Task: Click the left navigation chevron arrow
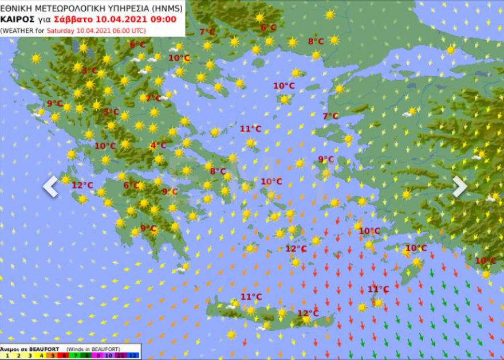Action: pyautogui.click(x=50, y=186)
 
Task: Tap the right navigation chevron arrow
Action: pyautogui.click(x=460, y=186)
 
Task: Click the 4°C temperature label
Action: pyautogui.click(x=158, y=146)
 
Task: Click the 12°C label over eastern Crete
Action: pyautogui.click(x=308, y=313)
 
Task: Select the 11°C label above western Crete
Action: pyautogui.click(x=251, y=296)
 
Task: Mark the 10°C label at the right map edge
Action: pyautogui.click(x=485, y=260)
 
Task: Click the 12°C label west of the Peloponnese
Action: pyautogui.click(x=82, y=185)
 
